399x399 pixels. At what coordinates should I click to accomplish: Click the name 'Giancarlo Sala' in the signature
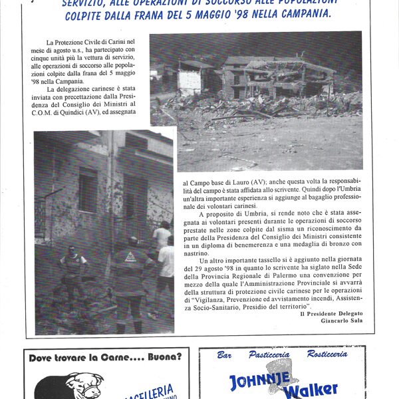tap(336, 321)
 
